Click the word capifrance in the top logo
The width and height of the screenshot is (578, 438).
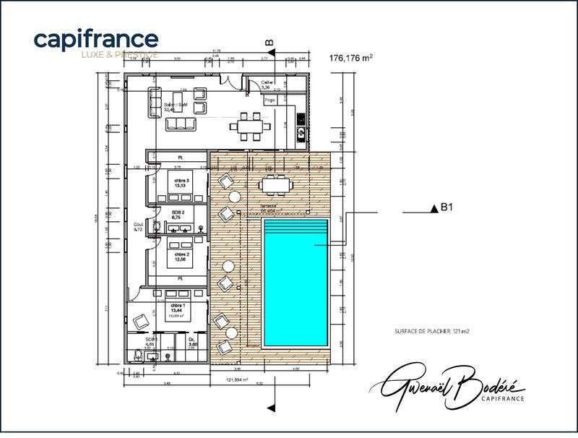95,39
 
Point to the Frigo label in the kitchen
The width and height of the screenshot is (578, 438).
270,99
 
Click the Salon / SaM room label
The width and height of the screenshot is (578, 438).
176,107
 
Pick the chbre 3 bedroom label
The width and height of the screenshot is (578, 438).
181,181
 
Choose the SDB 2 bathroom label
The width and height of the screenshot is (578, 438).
178,215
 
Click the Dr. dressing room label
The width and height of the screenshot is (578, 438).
192,342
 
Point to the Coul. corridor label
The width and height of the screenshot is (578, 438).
139,227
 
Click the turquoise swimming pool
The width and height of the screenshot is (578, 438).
296,282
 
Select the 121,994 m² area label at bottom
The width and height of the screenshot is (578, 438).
236,379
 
